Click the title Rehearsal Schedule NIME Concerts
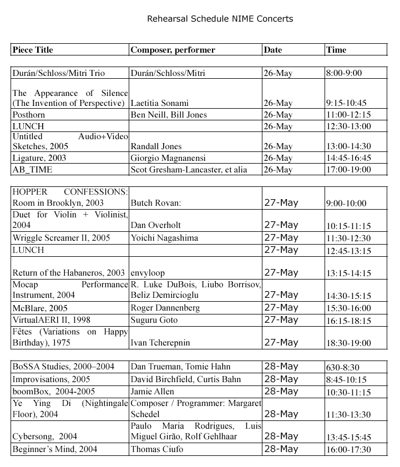[220, 19]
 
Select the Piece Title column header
[33, 50]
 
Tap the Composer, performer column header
[173, 50]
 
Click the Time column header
[336, 50]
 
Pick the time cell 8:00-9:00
[344, 73]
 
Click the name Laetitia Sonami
[160, 103]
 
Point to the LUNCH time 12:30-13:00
[348, 126]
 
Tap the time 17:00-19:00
[348, 170]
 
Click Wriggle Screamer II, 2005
[61, 238]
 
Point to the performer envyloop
[148, 273]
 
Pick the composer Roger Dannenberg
[165, 308]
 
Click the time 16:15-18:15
[348, 320]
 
